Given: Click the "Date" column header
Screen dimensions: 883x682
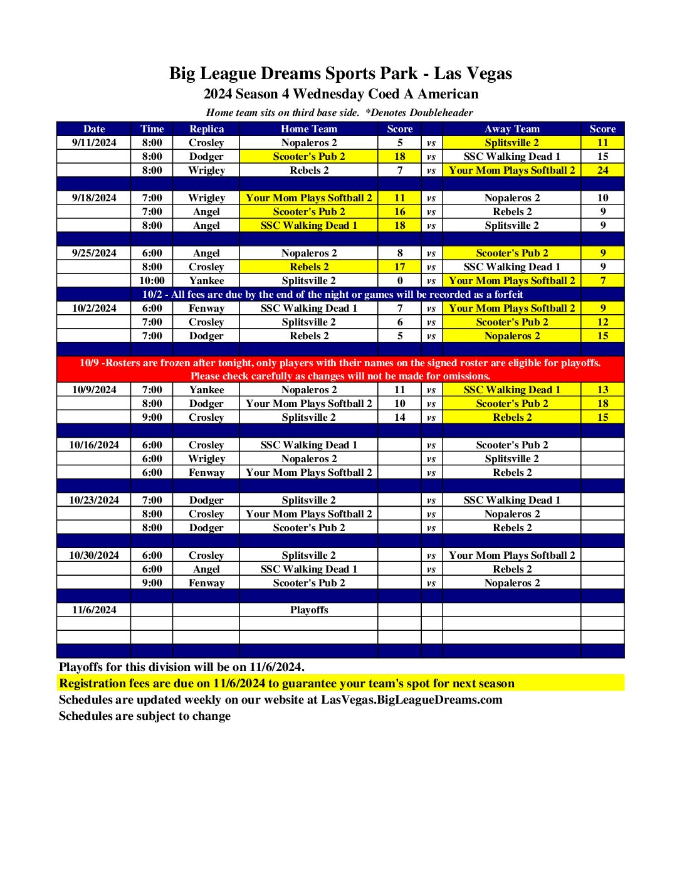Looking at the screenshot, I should (x=94, y=129).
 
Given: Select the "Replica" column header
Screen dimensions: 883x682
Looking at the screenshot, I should (x=206, y=129).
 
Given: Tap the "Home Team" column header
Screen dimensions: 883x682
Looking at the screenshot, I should (x=308, y=129).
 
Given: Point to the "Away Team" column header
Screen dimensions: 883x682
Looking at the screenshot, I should (x=511, y=129).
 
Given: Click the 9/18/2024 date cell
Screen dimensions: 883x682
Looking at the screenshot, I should (x=94, y=198).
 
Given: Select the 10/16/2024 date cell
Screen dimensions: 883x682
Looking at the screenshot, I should (x=94, y=445).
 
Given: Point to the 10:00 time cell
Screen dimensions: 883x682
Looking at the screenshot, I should (x=152, y=281).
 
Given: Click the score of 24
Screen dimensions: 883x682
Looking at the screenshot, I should (x=602, y=171).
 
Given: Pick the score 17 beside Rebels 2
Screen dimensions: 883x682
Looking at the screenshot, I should (x=399, y=267).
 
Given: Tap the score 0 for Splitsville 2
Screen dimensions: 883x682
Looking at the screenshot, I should (x=399, y=281).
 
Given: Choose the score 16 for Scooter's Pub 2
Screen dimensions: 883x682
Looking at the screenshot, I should (x=399, y=212).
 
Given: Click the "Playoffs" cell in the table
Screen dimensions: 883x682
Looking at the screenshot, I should (x=308, y=610).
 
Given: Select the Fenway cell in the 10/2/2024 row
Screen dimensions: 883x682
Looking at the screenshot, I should (x=206, y=309).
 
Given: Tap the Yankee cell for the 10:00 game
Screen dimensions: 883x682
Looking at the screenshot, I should (x=206, y=281).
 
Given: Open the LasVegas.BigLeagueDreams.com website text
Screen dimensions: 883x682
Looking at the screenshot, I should (x=411, y=700).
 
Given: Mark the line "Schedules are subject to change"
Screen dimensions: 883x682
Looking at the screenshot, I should (x=144, y=716).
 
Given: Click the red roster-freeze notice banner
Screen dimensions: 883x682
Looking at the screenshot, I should (x=340, y=369).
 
